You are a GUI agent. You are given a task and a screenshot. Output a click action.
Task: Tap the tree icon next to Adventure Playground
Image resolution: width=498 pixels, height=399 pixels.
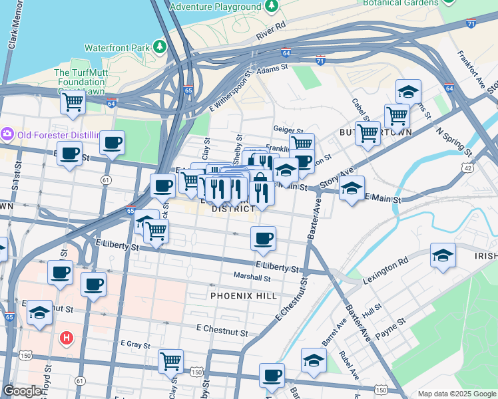point(271,7)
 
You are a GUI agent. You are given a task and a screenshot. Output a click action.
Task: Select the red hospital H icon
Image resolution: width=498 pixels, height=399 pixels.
point(66,338)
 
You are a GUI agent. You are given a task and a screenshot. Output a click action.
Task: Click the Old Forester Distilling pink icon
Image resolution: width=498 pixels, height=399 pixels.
point(8,134)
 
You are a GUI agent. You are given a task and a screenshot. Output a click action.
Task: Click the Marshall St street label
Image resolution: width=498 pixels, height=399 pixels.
point(252,277)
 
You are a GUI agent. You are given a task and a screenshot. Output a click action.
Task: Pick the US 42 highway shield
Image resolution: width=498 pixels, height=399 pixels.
point(469,169)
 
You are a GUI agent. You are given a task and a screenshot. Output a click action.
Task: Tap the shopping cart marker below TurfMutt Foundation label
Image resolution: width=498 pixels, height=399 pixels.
point(73,102)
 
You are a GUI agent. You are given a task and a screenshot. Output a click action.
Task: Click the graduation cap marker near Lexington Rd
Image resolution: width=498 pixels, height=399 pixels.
point(443,255)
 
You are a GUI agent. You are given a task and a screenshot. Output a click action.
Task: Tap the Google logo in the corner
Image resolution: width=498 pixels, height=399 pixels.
point(22,391)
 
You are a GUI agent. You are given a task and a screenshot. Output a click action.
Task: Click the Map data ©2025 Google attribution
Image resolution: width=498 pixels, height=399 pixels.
point(456,394)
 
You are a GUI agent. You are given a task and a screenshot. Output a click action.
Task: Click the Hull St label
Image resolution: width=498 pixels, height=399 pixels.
point(373,307)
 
